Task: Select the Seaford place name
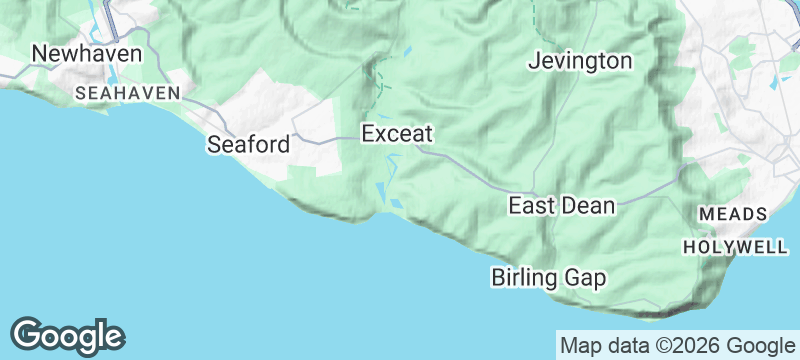click(x=248, y=144)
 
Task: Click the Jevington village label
click(x=580, y=61)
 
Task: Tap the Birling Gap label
click(x=548, y=277)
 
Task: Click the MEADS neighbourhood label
click(x=733, y=214)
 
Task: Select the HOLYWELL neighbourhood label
click(x=726, y=245)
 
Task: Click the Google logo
click(x=68, y=335)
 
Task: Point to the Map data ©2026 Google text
click(x=674, y=346)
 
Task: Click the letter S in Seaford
click(x=214, y=144)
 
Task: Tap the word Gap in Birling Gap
click(x=586, y=277)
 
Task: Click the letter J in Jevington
click(x=533, y=61)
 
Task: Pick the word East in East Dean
click(x=531, y=206)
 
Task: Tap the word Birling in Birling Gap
click(x=525, y=277)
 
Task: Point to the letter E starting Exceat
click(x=368, y=132)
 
